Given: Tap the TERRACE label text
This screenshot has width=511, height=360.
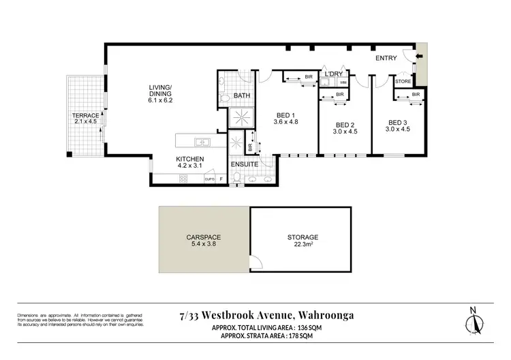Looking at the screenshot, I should (x=86, y=116).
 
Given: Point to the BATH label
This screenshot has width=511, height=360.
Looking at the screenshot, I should (x=242, y=96).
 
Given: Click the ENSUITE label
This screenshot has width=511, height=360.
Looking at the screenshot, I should (x=245, y=164).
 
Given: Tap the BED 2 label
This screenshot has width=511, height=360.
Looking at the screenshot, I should (x=345, y=125).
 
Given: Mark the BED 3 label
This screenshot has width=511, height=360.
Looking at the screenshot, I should (x=399, y=125).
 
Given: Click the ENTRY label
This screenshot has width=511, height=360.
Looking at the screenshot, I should (x=386, y=59).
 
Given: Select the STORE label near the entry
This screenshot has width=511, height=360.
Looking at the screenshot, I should (x=403, y=82).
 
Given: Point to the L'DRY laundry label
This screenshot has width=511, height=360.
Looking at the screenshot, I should (x=333, y=74).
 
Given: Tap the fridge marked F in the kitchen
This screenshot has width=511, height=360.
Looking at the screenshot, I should (x=221, y=179).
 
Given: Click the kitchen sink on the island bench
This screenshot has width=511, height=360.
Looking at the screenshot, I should (x=201, y=142).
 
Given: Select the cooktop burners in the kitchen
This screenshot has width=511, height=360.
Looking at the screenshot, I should (x=182, y=179).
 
